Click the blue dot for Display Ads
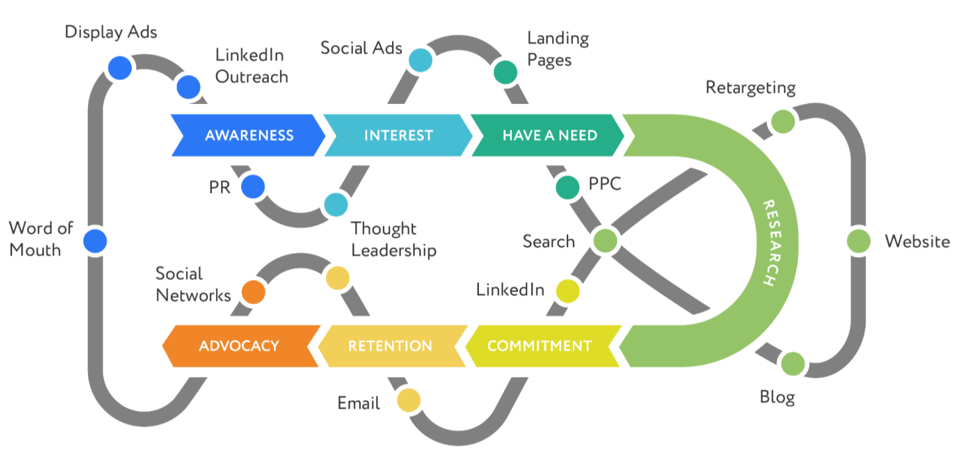[x=119, y=68]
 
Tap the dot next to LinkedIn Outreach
[x=188, y=87]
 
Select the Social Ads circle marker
[x=420, y=60]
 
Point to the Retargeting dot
[x=783, y=122]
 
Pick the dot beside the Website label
[x=859, y=240]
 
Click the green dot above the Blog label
[x=792, y=364]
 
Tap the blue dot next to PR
[x=252, y=187]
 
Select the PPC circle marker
[x=568, y=187]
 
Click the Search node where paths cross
[x=605, y=240]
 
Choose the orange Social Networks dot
[x=252, y=291]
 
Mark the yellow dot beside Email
[x=409, y=400]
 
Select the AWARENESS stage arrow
[x=248, y=135]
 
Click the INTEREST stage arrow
[x=398, y=135]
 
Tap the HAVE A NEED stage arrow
[x=549, y=135]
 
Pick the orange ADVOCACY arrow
[x=239, y=346]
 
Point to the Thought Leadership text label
[x=393, y=240]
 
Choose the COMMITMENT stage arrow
[x=539, y=346]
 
